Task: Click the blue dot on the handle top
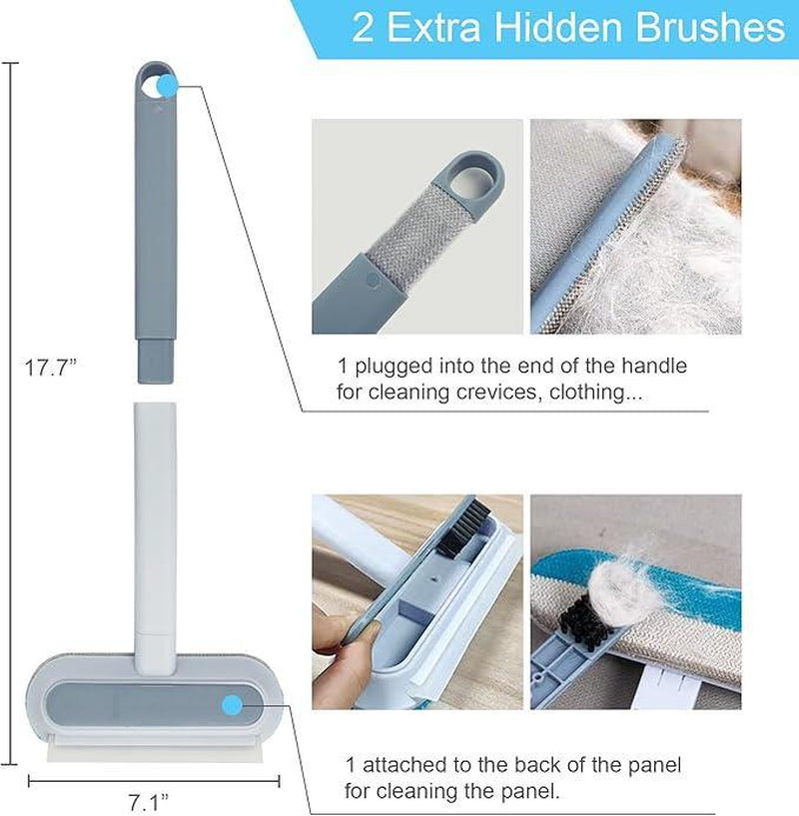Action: point(167,86)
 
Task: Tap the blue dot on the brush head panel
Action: point(233,705)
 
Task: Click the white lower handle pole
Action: point(155,519)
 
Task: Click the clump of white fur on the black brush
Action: point(617,577)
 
